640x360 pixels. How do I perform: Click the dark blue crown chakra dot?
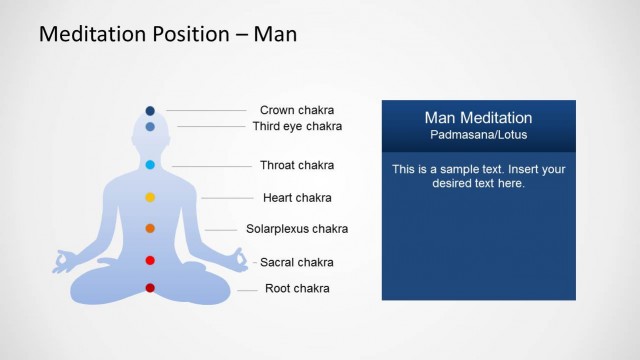[x=150, y=110]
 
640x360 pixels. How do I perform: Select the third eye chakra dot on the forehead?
[x=150, y=127]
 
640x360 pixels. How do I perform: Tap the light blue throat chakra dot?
[x=150, y=165]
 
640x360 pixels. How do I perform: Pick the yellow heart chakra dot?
[x=150, y=197]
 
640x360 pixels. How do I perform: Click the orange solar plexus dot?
[x=150, y=229]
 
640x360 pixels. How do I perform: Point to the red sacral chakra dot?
[x=150, y=261]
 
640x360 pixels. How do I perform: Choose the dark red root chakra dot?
[x=150, y=288]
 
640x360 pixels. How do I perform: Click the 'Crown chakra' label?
[x=297, y=110]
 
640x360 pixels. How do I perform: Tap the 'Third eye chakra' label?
[x=297, y=127]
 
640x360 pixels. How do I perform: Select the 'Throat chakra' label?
[x=297, y=165]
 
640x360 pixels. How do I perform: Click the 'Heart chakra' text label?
[x=297, y=198]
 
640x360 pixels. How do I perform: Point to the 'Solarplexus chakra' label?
[x=297, y=229]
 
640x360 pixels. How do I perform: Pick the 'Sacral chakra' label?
[x=297, y=263]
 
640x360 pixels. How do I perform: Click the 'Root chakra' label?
[x=297, y=289]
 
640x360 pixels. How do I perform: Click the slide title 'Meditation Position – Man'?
[x=167, y=34]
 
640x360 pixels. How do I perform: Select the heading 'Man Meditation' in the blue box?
[x=478, y=118]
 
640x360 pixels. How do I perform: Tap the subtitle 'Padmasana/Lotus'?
[x=478, y=135]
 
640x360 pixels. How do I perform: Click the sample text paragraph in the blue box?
[x=478, y=176]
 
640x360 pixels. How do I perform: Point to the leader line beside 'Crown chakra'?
[x=207, y=110]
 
